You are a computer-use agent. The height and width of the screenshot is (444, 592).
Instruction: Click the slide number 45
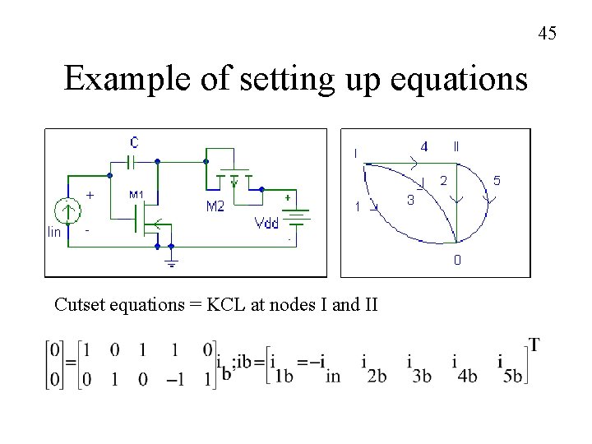coord(548,34)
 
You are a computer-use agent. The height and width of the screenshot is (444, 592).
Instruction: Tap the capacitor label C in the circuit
coord(133,142)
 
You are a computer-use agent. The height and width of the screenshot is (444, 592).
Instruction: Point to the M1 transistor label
coord(137,195)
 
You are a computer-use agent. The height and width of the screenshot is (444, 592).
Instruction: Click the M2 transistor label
coord(215,207)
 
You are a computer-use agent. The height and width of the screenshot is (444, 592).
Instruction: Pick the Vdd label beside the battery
coord(267,222)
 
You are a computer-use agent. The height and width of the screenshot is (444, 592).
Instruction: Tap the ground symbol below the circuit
coord(171,261)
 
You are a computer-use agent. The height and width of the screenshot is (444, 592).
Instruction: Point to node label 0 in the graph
coord(457,260)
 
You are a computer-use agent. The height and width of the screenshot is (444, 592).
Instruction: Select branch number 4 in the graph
coord(423,147)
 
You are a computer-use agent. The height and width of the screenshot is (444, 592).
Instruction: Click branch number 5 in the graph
coord(497,179)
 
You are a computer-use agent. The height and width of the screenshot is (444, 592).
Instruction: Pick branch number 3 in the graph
coord(410,200)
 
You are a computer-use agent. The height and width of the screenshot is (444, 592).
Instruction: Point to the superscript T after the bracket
coord(534,344)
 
